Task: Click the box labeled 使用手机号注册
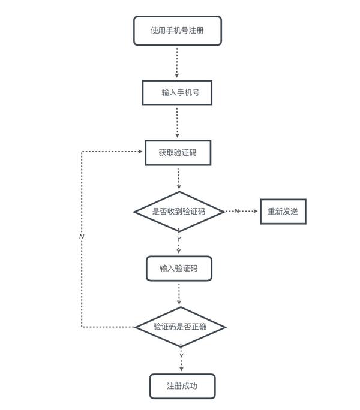tap(177, 31)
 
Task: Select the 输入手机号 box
tap(177, 93)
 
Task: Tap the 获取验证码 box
tap(178, 153)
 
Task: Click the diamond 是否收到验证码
tap(179, 212)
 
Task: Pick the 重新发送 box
tap(283, 212)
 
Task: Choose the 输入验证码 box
tap(178, 268)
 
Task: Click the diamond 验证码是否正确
tap(180, 327)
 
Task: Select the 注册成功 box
tap(182, 386)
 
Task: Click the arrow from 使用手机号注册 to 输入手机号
tap(177, 62)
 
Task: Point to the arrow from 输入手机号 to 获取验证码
tap(177, 123)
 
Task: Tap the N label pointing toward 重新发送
tap(236, 212)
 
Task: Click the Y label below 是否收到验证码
tap(179, 239)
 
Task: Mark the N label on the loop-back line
tap(82, 237)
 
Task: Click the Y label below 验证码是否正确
tap(181, 356)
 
